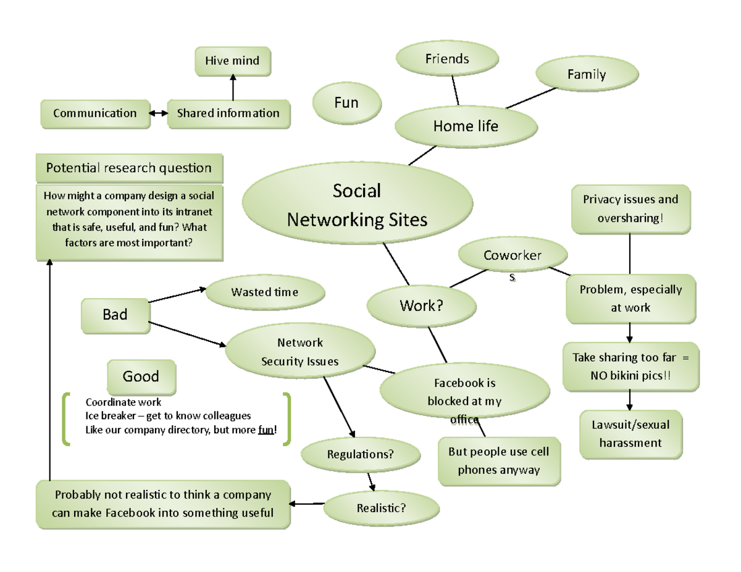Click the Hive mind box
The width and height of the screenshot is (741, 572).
click(x=232, y=61)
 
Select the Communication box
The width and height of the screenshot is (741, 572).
click(x=95, y=114)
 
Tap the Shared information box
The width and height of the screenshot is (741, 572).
click(x=228, y=114)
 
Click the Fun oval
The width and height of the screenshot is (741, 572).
click(x=346, y=103)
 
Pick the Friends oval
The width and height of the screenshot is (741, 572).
click(x=447, y=59)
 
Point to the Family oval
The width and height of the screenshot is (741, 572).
click(x=587, y=75)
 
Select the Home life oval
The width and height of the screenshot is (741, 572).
click(x=466, y=126)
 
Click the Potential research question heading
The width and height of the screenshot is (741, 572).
click(x=129, y=168)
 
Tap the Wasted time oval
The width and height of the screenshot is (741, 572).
click(x=264, y=292)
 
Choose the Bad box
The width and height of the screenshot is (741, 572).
click(x=115, y=315)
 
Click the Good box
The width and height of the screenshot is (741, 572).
click(x=141, y=376)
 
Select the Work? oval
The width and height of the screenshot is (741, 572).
click(x=422, y=305)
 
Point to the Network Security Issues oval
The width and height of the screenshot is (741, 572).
click(x=300, y=352)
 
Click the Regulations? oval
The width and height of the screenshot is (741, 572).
click(x=360, y=455)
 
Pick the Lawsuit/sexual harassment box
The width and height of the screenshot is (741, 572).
click(x=630, y=434)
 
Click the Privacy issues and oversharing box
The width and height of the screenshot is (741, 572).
click(x=629, y=209)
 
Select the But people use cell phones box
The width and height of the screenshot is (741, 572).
click(x=498, y=461)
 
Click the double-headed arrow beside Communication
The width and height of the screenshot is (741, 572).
click(x=159, y=114)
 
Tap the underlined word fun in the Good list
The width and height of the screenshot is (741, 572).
click(x=266, y=431)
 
